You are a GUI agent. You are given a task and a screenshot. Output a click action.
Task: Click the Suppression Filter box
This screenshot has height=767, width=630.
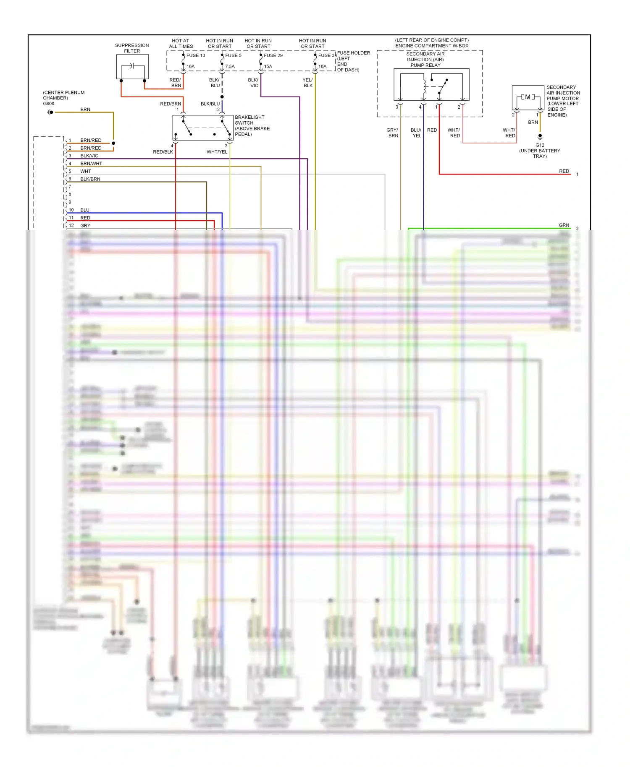tap(132, 67)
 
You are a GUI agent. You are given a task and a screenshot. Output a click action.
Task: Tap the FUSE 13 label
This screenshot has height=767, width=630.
tap(196, 55)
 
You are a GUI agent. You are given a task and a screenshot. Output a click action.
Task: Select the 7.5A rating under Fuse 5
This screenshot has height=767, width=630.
tap(230, 67)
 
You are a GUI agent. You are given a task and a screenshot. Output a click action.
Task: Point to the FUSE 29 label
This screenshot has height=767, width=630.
tap(273, 55)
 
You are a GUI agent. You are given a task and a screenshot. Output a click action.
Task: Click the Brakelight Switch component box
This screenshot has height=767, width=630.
tap(203, 128)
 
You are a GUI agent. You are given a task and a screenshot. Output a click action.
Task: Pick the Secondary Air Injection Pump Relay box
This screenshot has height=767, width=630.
tap(431, 84)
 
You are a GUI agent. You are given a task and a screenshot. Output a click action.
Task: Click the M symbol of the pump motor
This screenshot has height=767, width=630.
tap(528, 97)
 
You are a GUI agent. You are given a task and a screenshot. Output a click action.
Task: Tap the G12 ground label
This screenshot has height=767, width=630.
tap(540, 145)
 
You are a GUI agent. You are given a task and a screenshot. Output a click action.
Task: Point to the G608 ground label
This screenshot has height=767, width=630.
tap(49, 104)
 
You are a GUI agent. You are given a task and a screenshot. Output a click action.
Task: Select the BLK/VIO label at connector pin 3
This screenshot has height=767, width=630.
tap(89, 156)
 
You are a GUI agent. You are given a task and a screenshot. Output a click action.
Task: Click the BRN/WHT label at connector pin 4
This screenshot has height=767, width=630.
tap(91, 164)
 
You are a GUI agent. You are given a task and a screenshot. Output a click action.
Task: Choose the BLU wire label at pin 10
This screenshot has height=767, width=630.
tap(85, 210)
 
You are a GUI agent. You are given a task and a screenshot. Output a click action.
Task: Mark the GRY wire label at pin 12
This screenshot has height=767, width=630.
tap(85, 226)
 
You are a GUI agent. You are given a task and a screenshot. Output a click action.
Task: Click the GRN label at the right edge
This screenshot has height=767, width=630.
tap(564, 225)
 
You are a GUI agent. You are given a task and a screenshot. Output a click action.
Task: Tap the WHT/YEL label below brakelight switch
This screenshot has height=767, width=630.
tap(217, 152)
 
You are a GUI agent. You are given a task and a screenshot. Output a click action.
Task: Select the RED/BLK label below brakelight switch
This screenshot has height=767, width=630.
tap(163, 152)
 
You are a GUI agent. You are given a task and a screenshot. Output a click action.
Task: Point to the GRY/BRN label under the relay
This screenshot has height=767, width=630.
tap(393, 133)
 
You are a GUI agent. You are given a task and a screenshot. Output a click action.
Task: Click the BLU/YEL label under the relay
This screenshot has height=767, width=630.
tap(416, 133)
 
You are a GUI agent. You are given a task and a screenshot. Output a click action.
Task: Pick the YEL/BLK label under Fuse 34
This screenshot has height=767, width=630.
tap(308, 83)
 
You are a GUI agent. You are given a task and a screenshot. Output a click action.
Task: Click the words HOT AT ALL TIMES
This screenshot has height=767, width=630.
tap(181, 44)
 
